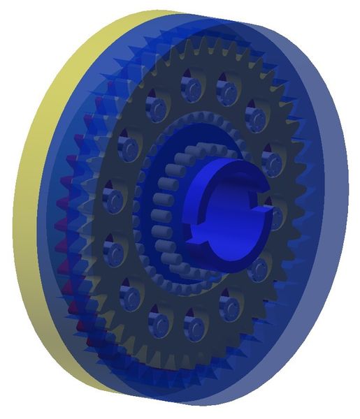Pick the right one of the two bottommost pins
coord(195,325)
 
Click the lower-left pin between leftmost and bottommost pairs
coord(130,293)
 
